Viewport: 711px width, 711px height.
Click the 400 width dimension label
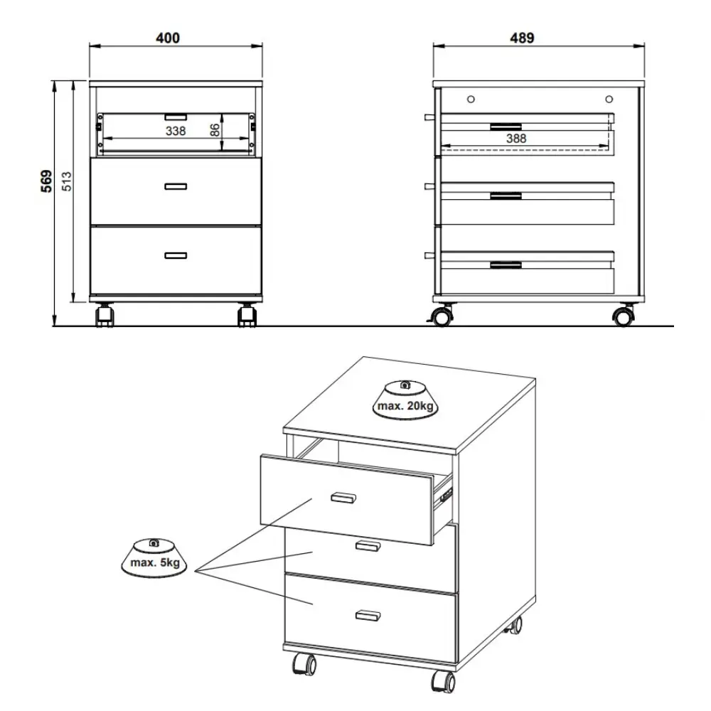pos(168,38)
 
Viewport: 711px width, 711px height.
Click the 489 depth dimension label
pos(522,38)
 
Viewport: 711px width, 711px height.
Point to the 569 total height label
pos(47,181)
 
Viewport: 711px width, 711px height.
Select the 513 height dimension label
pos(66,181)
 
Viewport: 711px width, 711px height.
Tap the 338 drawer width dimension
pos(176,131)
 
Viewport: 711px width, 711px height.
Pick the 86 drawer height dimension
pos(215,130)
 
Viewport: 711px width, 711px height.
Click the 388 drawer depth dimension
pos(516,139)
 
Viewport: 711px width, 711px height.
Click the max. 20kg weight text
pos(405,406)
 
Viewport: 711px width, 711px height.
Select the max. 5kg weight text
pos(155,562)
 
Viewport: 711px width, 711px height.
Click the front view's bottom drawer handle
pos(176,256)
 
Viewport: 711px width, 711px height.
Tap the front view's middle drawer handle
pos(176,186)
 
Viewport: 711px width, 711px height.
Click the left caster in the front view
pos(105,315)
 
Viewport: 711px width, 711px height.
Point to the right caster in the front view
pos(247,315)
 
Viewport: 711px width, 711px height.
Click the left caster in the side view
pos(442,316)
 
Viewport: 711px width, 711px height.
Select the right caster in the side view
pos(624,316)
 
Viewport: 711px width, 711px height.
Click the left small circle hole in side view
pos(471,100)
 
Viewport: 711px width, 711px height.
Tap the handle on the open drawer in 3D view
pos(343,498)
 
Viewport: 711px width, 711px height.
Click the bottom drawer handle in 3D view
pos(368,615)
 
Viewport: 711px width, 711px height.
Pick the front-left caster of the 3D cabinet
pos(304,665)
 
